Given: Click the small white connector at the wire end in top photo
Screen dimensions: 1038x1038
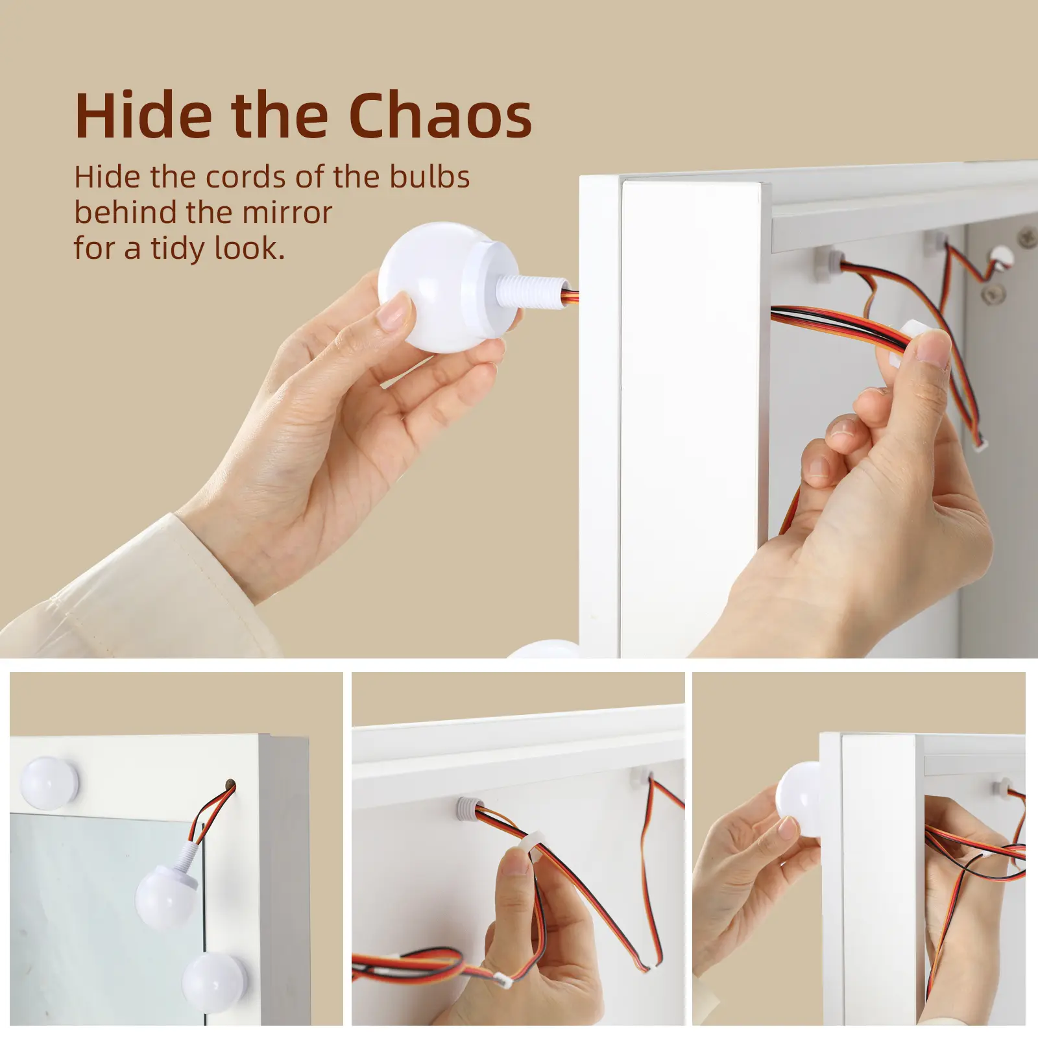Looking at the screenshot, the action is [x=980, y=444].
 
